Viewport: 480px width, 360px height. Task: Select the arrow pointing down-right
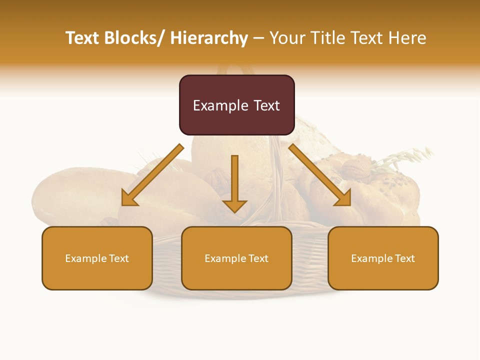pyautogui.click(x=320, y=175)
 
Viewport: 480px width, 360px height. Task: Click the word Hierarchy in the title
pyautogui.click(x=209, y=38)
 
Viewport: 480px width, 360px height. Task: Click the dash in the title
pyautogui.click(x=258, y=38)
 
